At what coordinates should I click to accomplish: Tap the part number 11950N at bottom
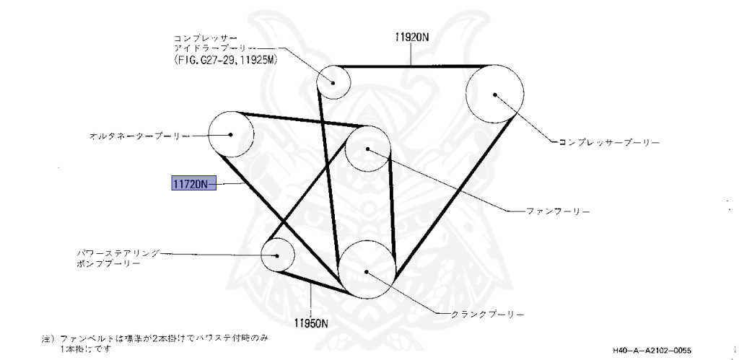click(311, 322)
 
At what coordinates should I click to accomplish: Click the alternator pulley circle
click(231, 134)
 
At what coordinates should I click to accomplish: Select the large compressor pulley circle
click(495, 94)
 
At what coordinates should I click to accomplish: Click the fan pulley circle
click(368, 149)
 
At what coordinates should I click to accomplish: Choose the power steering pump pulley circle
click(278, 255)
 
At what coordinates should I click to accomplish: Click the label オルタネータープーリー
click(139, 135)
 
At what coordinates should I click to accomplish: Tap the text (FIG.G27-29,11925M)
click(226, 61)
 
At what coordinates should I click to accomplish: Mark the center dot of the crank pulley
click(367, 272)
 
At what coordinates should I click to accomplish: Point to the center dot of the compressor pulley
click(495, 94)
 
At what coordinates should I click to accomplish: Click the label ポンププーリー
click(108, 263)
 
